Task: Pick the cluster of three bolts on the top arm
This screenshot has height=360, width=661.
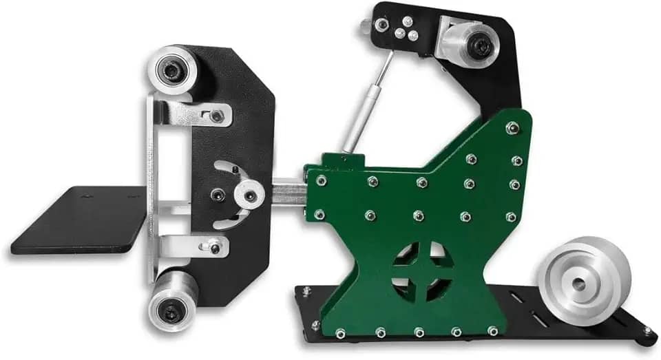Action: [x=403, y=30]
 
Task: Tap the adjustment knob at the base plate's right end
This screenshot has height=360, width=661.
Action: [x=647, y=332]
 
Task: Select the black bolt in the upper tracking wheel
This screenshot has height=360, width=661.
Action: [x=481, y=46]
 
